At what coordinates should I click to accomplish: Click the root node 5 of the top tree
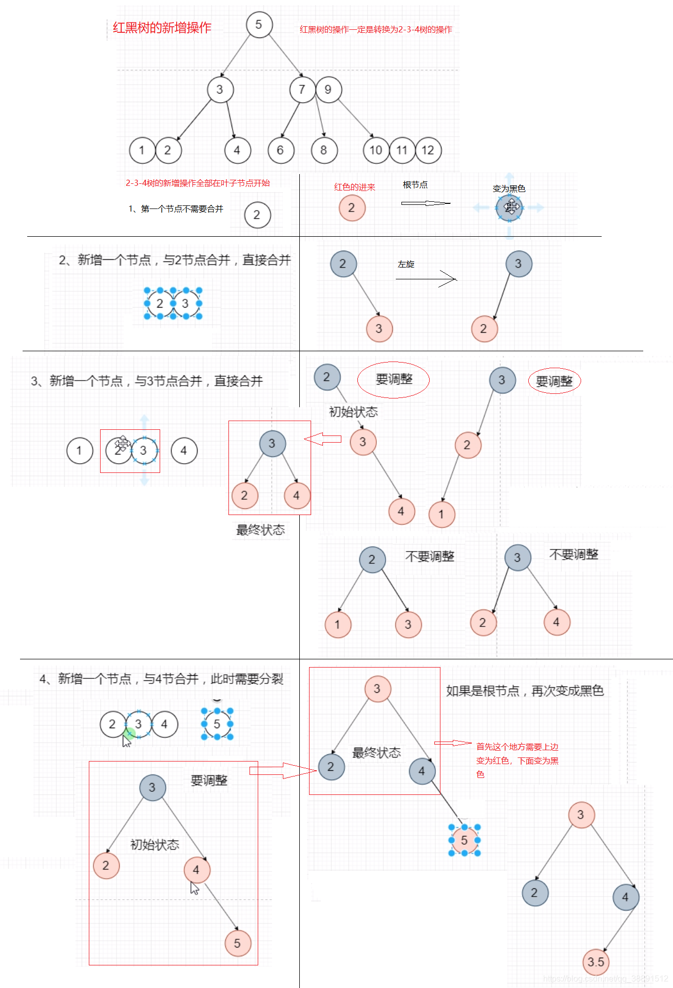259,25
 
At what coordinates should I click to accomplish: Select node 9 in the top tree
328,90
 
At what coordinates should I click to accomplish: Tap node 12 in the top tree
428,150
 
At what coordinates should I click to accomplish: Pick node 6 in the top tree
280,150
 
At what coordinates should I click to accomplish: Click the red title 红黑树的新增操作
162,28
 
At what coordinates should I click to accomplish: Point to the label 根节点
415,185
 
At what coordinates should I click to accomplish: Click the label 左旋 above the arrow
406,264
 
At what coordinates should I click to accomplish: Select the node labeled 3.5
595,962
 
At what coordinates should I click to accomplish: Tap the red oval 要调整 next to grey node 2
394,379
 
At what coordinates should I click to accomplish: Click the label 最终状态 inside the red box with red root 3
376,753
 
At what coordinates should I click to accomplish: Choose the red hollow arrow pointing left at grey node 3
322,439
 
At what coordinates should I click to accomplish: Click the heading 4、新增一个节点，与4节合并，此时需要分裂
161,679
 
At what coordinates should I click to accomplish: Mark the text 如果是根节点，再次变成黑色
525,691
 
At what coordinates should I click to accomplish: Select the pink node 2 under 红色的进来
352,208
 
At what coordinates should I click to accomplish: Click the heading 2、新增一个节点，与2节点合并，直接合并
175,260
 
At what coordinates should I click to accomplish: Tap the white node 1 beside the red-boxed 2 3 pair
80,451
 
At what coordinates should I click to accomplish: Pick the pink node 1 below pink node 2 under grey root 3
441,515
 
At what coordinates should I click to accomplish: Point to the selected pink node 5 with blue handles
464,841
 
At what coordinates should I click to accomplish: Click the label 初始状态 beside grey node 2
353,412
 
